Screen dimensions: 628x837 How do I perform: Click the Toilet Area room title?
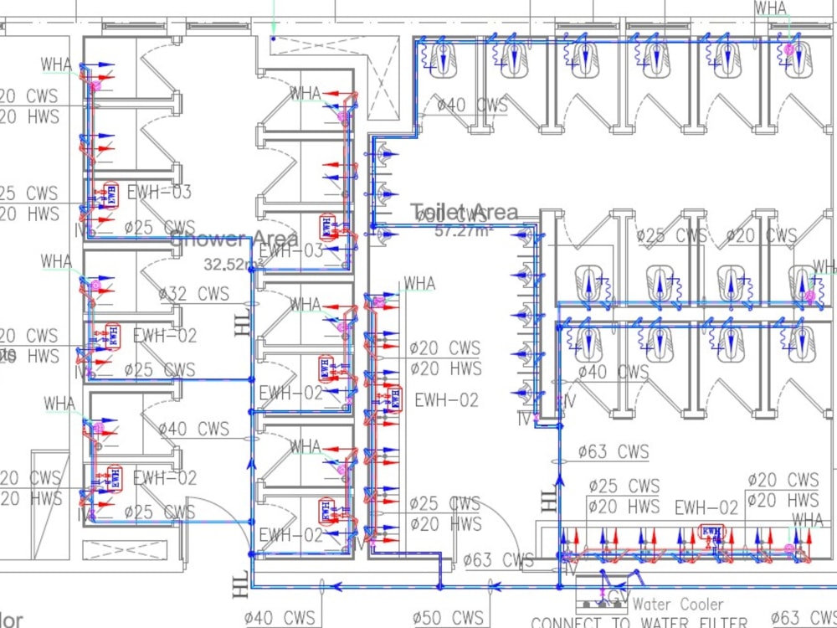(464, 213)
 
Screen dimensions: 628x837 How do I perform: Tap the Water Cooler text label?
(678, 604)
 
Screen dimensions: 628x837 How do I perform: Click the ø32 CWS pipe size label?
(193, 294)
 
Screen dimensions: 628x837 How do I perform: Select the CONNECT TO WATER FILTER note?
(639, 622)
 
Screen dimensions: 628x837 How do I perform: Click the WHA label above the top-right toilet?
(770, 8)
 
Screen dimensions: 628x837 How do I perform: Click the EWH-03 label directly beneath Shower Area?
(290, 251)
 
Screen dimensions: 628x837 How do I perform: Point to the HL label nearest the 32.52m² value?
(243, 322)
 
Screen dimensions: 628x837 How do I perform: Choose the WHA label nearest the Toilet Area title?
(419, 284)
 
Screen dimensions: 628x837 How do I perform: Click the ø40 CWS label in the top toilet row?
(472, 106)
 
